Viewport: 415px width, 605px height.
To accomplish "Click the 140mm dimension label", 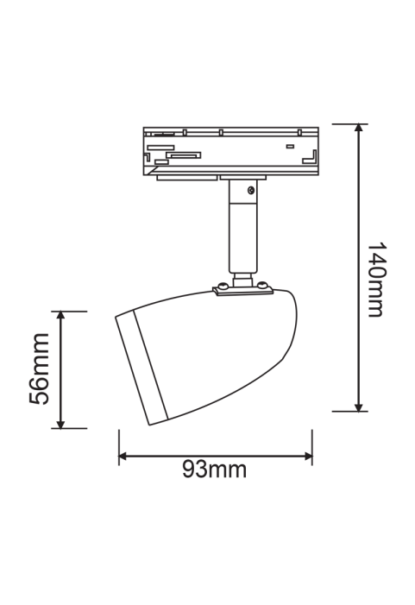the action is (375, 280).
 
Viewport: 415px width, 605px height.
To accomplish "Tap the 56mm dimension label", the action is (40, 369).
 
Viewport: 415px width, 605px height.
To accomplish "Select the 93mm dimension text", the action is (214, 470).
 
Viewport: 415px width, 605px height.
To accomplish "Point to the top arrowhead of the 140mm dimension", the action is (359, 128).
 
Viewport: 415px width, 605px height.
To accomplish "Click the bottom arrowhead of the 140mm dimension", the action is (359, 407).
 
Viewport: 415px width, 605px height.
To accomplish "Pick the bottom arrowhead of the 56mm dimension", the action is (60, 424).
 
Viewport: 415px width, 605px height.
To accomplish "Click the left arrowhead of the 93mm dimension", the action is (123, 457).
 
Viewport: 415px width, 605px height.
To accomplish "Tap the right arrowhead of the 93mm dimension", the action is (308, 457).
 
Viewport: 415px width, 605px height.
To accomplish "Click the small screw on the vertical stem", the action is (251, 190).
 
